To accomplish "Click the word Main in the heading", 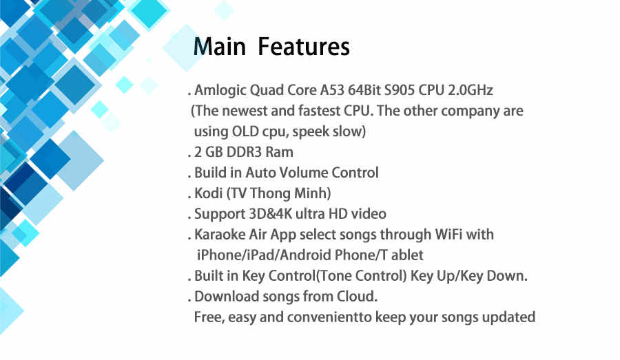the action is [220, 47].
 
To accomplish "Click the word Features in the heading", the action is [304, 47].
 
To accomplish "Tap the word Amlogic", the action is [220, 90].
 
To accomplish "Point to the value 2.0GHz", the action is [470, 90].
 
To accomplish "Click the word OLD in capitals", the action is [245, 131].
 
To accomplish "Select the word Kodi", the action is [208, 193].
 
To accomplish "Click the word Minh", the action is [310, 193].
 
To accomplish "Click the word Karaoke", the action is [220, 234].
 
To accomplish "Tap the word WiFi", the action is [448, 234].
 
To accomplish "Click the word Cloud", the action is [357, 296].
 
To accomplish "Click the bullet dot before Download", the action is [190, 301].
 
